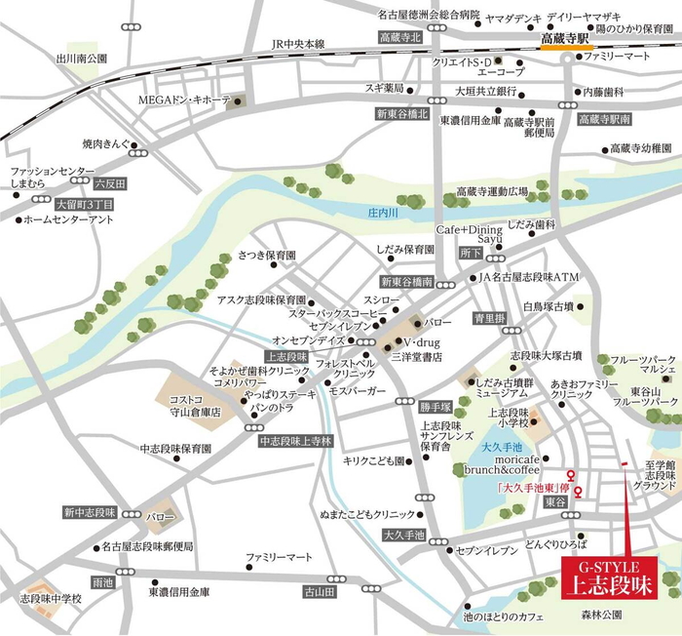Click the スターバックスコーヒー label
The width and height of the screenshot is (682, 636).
pos(329,312)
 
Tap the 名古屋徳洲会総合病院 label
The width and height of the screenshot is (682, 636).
pos(430,15)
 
